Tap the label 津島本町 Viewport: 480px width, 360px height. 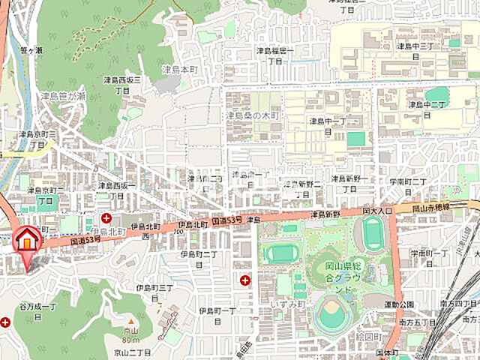[x=181, y=70]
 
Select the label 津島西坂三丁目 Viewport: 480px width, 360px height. [x=122, y=83]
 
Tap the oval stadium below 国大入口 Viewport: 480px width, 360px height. [x=371, y=236]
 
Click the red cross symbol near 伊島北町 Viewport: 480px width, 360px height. [x=106, y=218]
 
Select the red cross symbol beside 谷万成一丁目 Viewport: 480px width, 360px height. [x=5, y=322]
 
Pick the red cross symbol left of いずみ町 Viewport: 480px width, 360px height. [x=244, y=280]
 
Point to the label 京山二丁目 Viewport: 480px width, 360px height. [x=133, y=351]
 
